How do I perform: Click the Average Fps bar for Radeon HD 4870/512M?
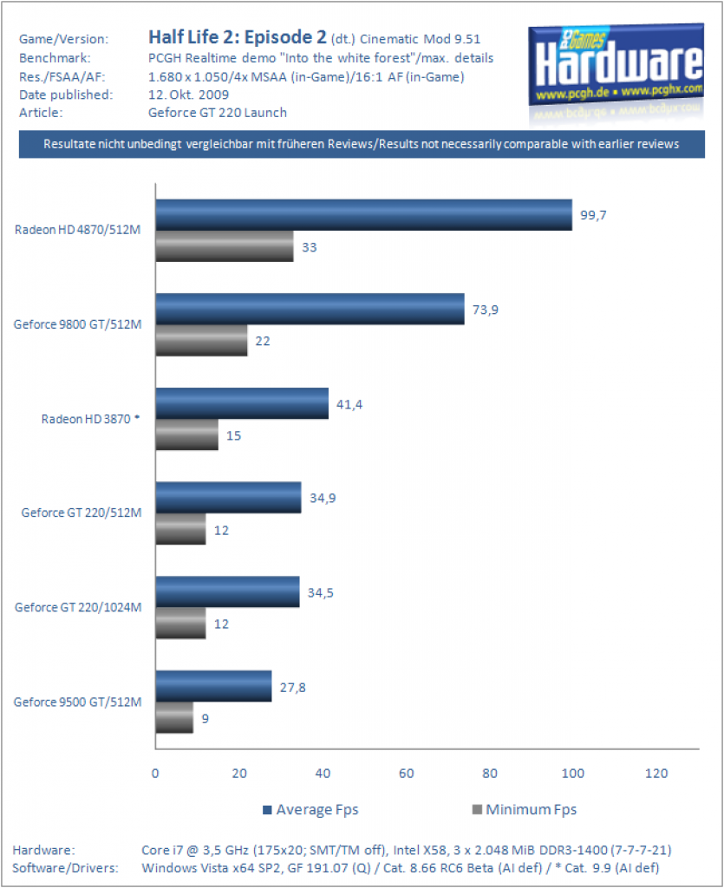tap(364, 215)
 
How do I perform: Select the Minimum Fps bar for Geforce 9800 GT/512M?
tap(201, 340)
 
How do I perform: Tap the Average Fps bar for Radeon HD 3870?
tap(242, 403)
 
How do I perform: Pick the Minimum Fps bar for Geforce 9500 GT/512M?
tap(174, 717)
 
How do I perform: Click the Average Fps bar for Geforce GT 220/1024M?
tap(227, 591)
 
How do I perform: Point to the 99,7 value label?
tap(593, 215)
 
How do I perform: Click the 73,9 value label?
tap(486, 310)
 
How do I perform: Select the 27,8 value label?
tap(293, 688)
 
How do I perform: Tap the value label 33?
tap(309, 247)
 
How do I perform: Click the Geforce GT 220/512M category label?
tap(82, 513)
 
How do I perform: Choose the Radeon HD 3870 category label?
tap(90, 419)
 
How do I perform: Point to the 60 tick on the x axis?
tap(407, 773)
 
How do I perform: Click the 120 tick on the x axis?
tap(656, 773)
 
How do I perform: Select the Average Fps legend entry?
tap(310, 810)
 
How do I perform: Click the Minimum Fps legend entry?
tap(525, 810)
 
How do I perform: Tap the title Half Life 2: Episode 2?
tap(238, 36)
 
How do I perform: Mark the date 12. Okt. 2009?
tap(188, 95)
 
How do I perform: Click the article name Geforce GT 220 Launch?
tap(218, 113)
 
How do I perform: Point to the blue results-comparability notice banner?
tap(362, 144)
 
